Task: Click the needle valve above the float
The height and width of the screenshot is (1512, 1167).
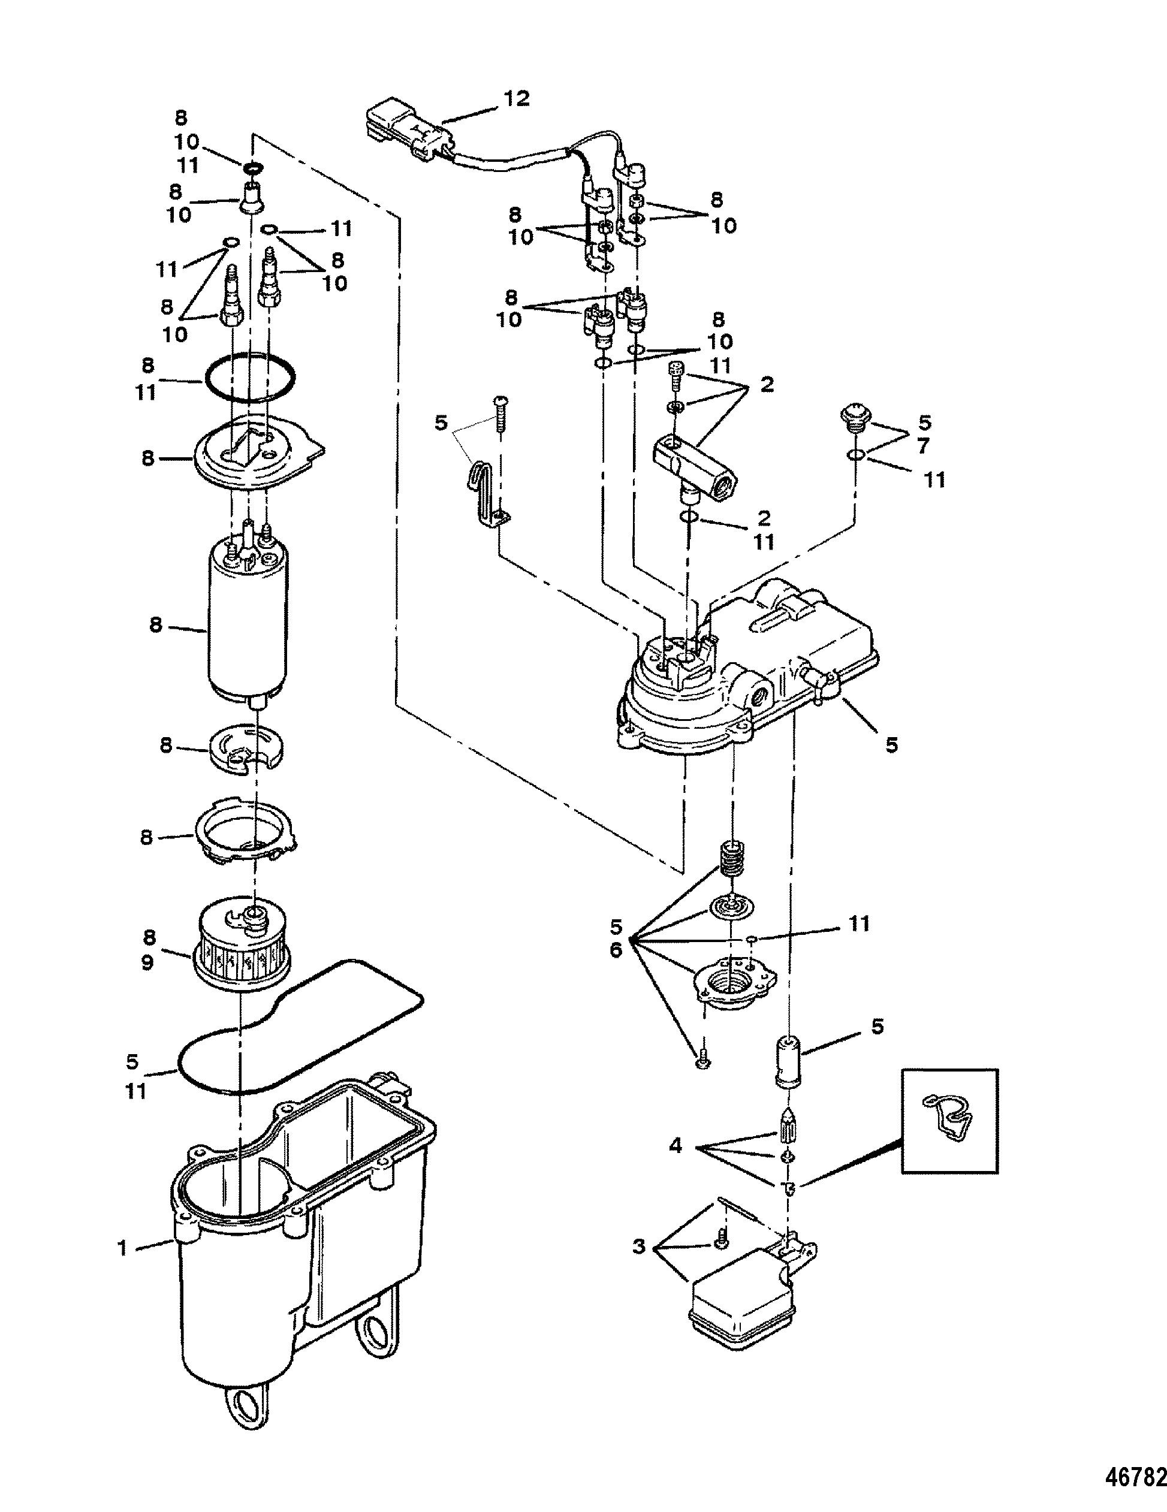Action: coord(789,1121)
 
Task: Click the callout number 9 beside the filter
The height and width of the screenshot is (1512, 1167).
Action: coord(147,962)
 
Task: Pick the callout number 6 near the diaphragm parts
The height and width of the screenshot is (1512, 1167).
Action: coord(616,950)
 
